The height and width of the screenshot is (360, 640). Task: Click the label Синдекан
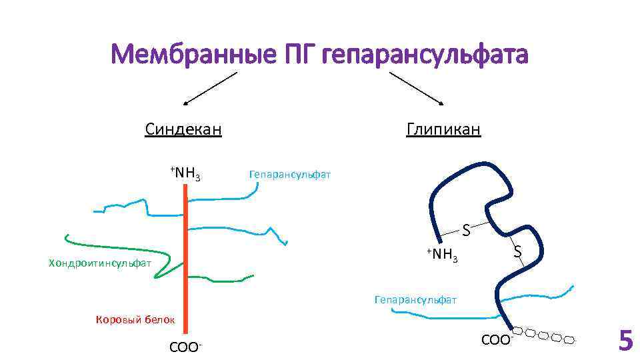(x=183, y=129)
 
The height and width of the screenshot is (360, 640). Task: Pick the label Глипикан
(x=443, y=129)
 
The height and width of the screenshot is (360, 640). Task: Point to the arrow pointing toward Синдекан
(x=209, y=89)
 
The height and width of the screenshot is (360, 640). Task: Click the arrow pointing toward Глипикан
(x=417, y=88)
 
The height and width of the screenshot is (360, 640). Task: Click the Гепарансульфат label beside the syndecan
(x=289, y=175)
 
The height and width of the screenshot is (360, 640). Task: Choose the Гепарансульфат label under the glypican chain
(x=415, y=300)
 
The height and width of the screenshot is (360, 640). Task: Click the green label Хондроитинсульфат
(x=100, y=264)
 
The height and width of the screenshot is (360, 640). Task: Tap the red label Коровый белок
(x=135, y=319)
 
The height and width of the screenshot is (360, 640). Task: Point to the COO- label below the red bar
(x=186, y=347)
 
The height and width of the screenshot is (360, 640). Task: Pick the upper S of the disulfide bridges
(x=467, y=231)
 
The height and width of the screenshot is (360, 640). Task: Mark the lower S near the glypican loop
(x=517, y=253)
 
